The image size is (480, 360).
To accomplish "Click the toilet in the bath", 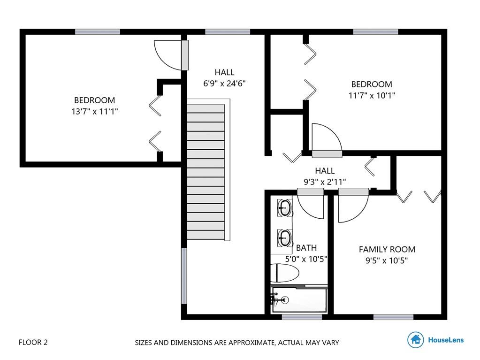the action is tap(284, 273).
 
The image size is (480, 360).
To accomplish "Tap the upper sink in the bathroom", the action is tap(284, 208).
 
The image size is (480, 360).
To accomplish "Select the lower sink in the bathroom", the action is tap(284, 237).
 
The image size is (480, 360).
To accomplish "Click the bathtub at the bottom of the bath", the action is tap(299, 300).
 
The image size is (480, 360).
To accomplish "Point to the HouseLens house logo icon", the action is tap(415, 339).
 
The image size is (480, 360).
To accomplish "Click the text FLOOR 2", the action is tap(33, 342).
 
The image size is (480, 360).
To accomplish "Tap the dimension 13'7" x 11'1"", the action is tap(95, 111).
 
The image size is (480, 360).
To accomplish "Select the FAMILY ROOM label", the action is tap(387, 249).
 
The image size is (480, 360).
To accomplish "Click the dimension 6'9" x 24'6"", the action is tap(224, 83).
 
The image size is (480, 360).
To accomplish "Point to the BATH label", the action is tap(306, 248).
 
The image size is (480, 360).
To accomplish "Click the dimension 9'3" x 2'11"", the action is tap(325, 182).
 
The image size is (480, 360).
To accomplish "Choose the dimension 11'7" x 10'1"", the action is tap(372, 95).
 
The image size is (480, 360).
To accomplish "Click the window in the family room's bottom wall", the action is tap(393, 317).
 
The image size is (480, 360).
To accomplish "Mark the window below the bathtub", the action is tap(302, 317).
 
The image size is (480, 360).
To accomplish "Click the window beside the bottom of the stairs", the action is tap(184, 276).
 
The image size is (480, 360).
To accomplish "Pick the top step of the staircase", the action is tap(206, 109).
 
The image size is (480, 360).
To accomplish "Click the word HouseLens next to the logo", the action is tap(446, 340).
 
